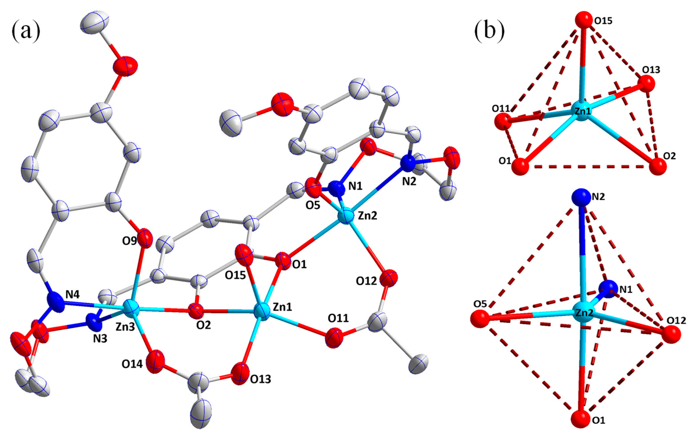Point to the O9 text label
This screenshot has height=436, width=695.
tap(129, 241)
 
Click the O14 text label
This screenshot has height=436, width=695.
tap(132, 364)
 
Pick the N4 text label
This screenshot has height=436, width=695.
tap(73, 294)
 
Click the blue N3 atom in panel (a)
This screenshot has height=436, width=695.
tap(94, 326)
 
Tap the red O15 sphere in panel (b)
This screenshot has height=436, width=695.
tap(584, 20)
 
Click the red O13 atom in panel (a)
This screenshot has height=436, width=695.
tap(240, 374)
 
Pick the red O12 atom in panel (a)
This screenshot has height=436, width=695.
tap(389, 278)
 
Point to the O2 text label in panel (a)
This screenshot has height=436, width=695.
tap(203, 325)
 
